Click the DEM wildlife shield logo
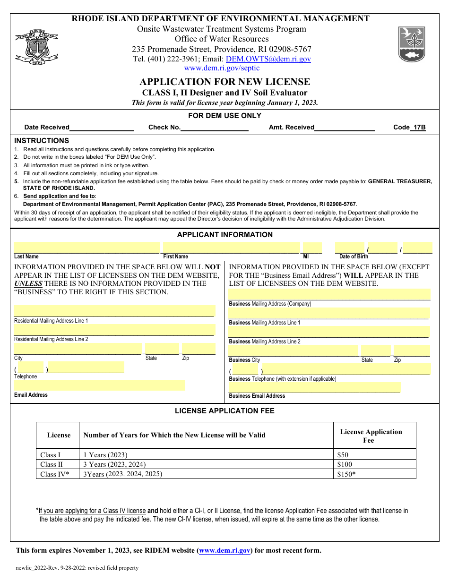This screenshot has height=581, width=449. [411, 44]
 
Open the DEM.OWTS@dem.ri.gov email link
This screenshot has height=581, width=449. [268, 59]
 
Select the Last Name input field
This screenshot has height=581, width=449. [86, 248]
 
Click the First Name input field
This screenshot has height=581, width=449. [231, 248]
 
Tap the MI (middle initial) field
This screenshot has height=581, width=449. [312, 248]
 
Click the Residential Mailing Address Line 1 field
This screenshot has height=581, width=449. [114, 311]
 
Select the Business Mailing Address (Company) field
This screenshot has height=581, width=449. [329, 294]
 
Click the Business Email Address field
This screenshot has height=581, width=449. [314, 387]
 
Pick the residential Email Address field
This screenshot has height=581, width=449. [99, 385]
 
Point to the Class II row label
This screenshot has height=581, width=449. [52, 464]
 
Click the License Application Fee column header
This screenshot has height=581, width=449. [371, 436]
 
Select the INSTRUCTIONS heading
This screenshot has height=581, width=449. [42, 141]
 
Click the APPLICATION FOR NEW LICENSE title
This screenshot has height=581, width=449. [225, 82]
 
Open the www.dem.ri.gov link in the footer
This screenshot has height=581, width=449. [224, 550]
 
